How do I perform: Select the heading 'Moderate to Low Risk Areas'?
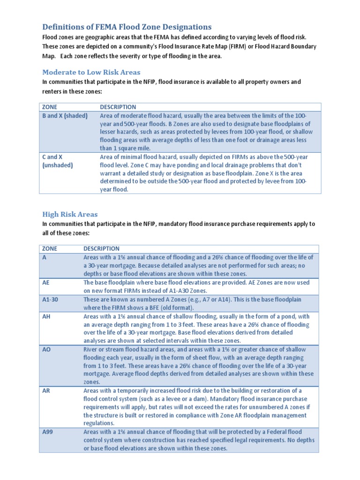tap(91, 72)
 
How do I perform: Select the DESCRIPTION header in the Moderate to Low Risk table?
tap(118, 107)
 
